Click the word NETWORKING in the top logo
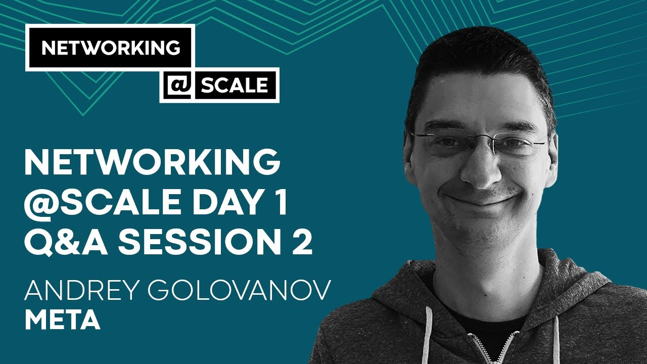click(110, 48)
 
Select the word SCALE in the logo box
click(234, 85)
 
